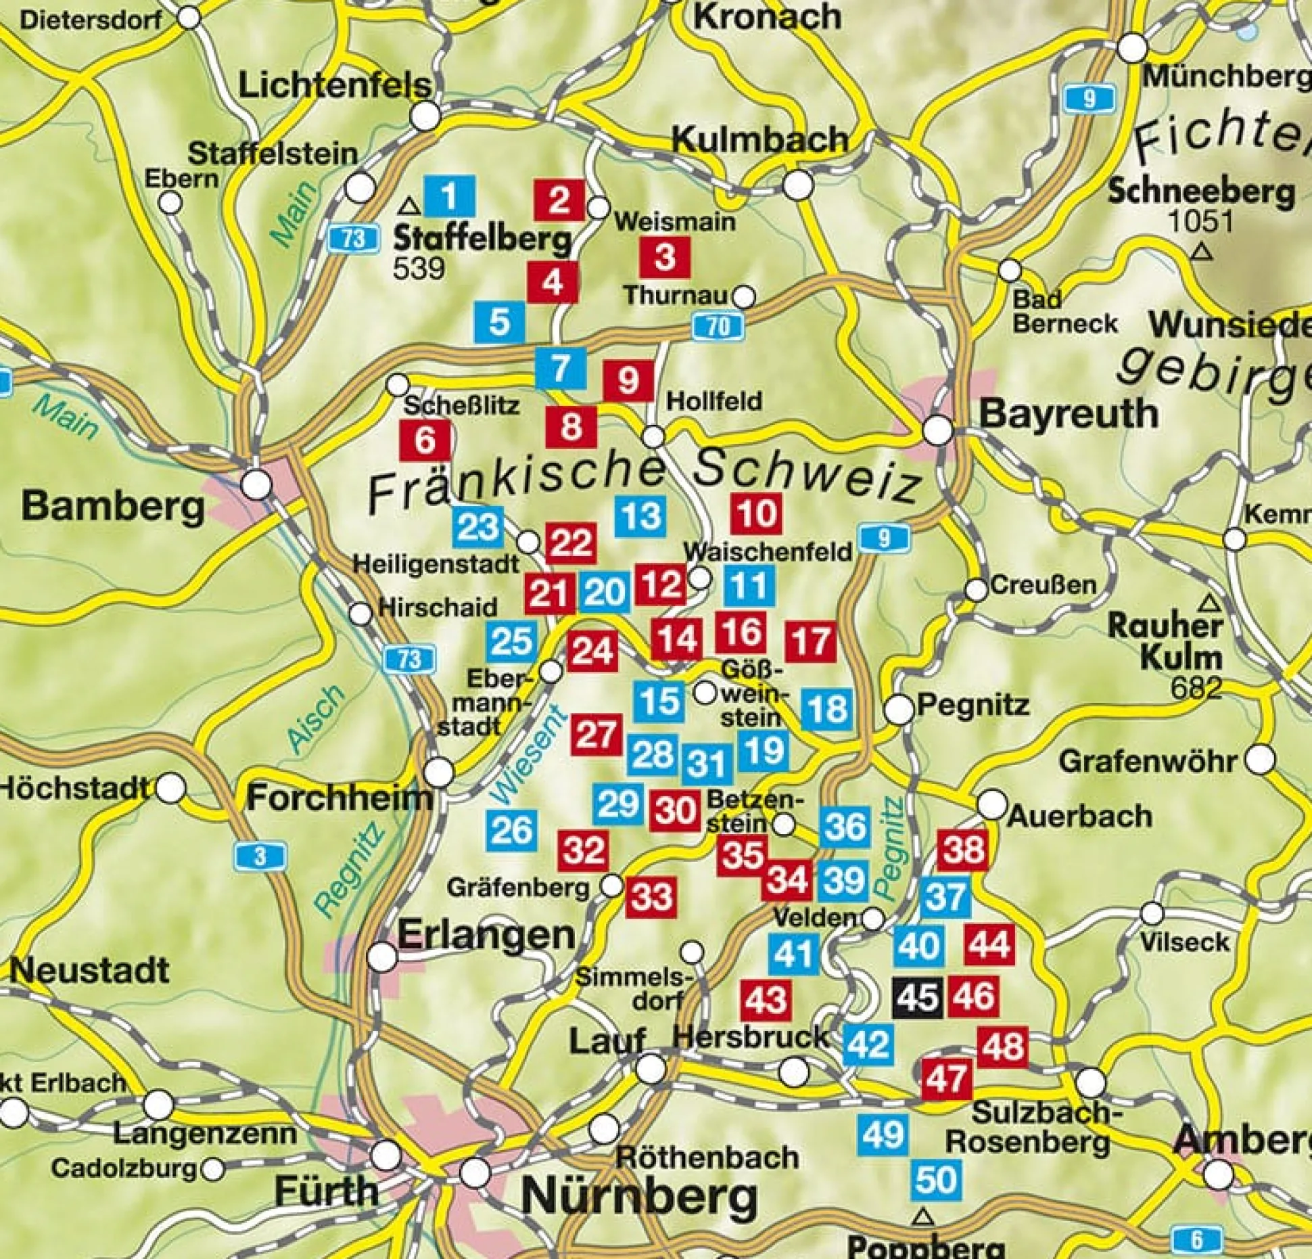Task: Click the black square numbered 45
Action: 918,997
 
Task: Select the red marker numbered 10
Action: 757,513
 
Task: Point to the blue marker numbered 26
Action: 512,830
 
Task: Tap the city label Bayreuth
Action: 1068,413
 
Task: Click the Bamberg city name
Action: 113,506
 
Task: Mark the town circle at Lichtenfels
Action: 426,117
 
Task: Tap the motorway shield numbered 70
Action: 718,327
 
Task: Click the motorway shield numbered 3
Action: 260,857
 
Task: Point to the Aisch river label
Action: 315,718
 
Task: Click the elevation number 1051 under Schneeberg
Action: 1201,221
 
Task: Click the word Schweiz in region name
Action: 808,476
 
